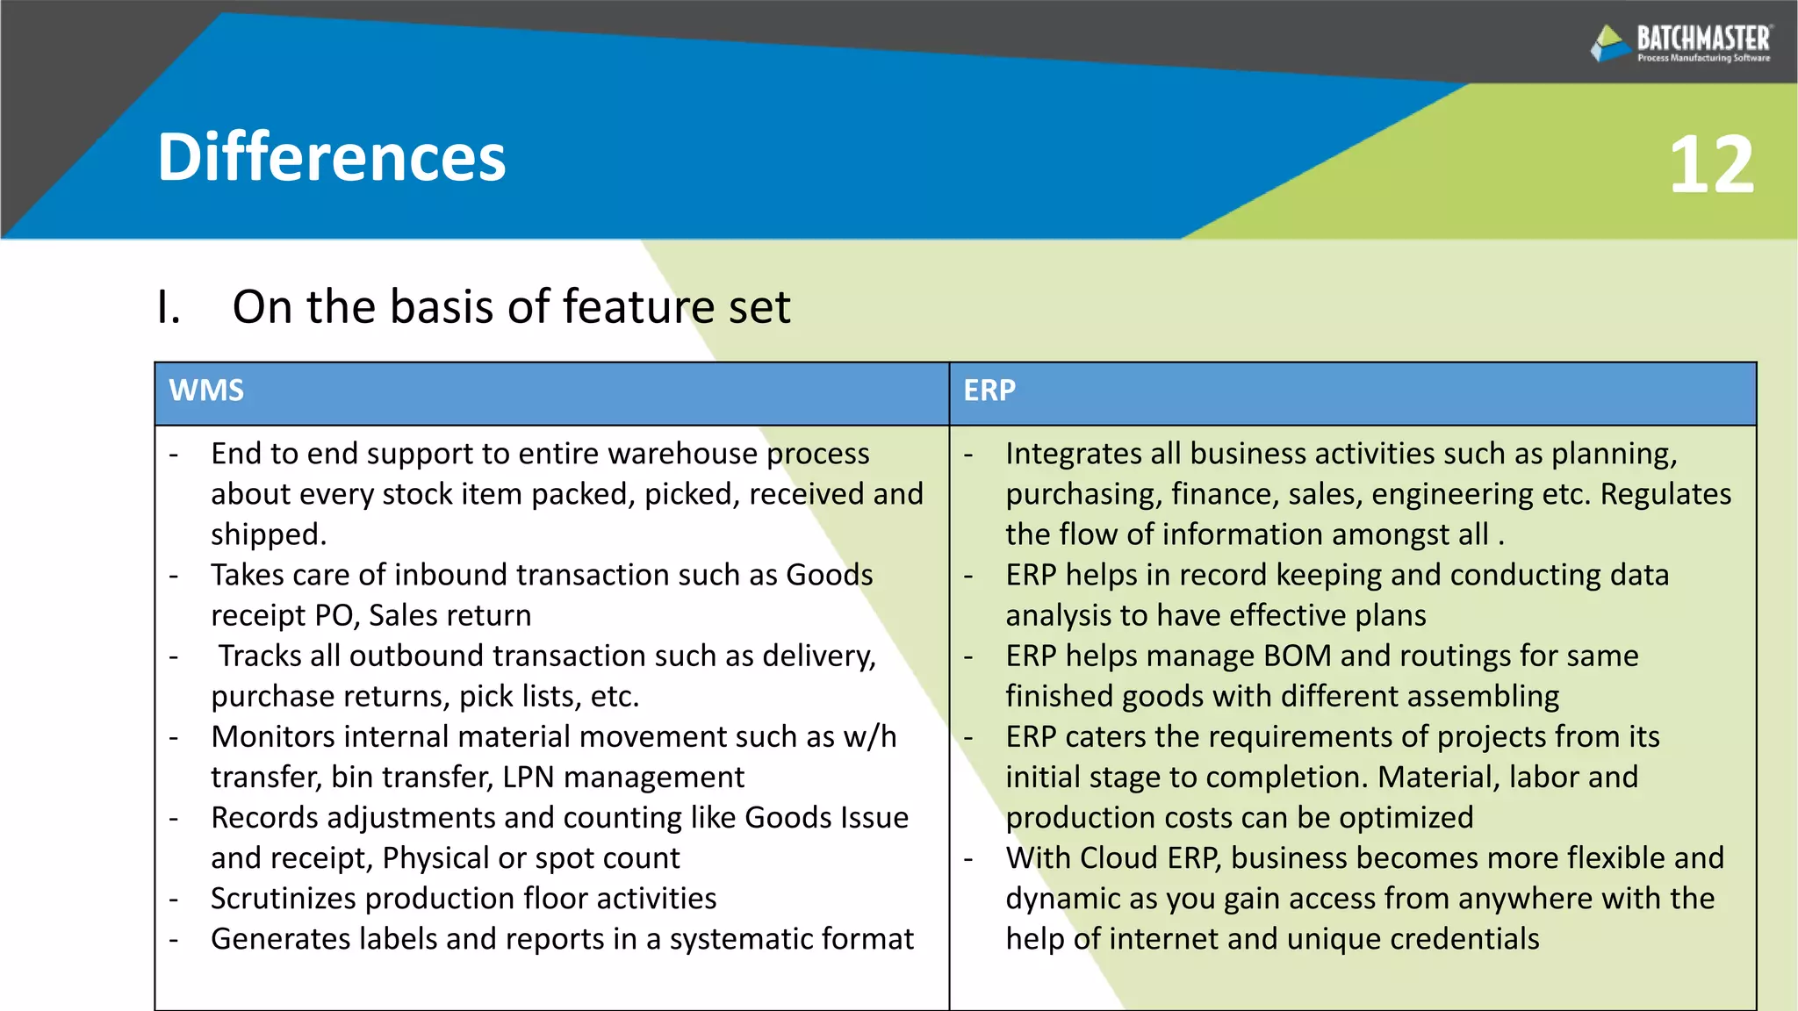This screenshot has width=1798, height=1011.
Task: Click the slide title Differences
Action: pyautogui.click(x=331, y=158)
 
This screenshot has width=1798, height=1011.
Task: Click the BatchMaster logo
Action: pyautogui.click(x=1680, y=42)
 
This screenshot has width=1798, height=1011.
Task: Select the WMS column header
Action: pyautogui.click(x=206, y=391)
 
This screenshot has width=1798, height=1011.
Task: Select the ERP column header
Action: pyautogui.click(x=989, y=391)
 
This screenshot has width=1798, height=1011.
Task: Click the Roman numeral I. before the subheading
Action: pyautogui.click(x=169, y=307)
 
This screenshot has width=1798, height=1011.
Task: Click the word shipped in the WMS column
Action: pyautogui.click(x=268, y=534)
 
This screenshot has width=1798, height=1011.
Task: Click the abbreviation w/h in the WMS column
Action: pyautogui.click(x=870, y=737)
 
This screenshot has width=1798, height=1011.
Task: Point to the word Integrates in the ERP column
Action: pyautogui.click(x=1074, y=454)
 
